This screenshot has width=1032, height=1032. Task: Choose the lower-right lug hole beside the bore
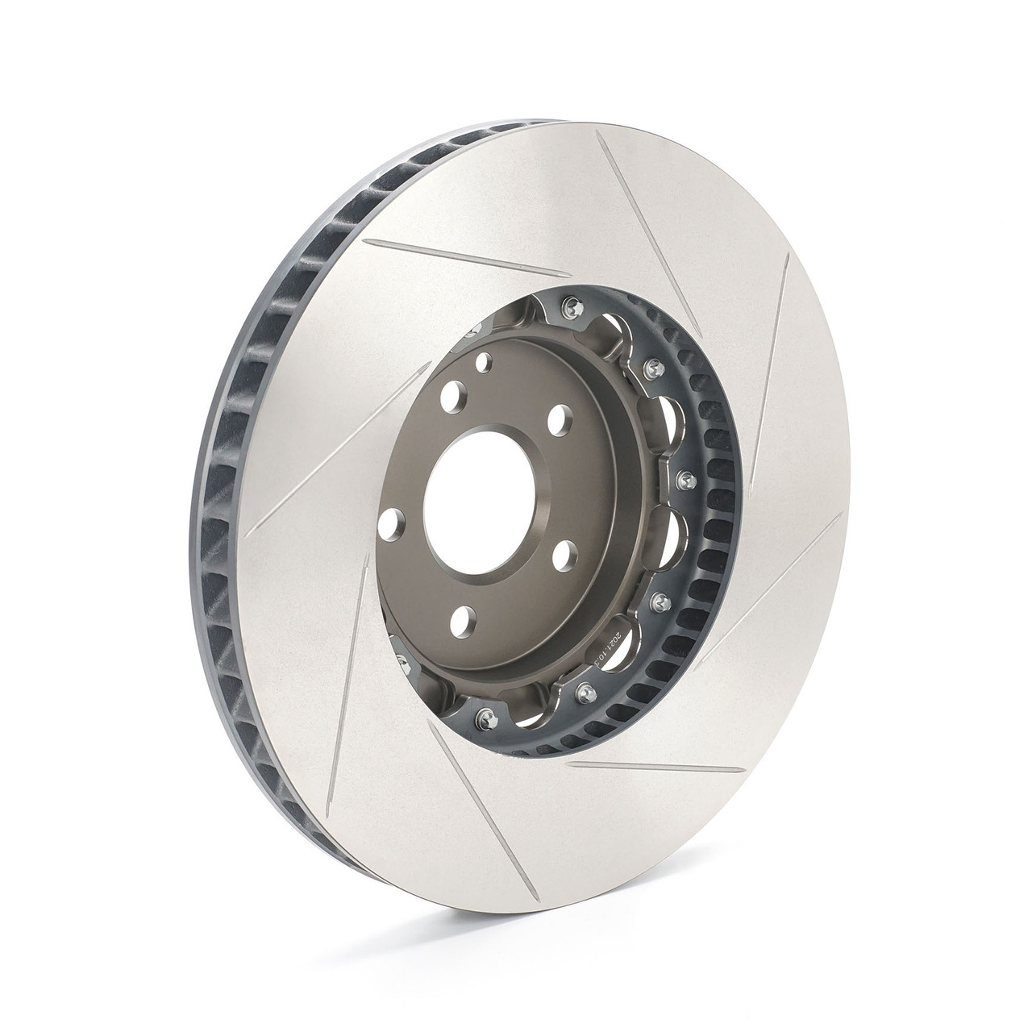click(x=564, y=554)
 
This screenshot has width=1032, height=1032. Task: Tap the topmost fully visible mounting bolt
click(x=572, y=304)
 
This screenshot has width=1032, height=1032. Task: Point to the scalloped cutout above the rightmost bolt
click(x=674, y=418)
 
